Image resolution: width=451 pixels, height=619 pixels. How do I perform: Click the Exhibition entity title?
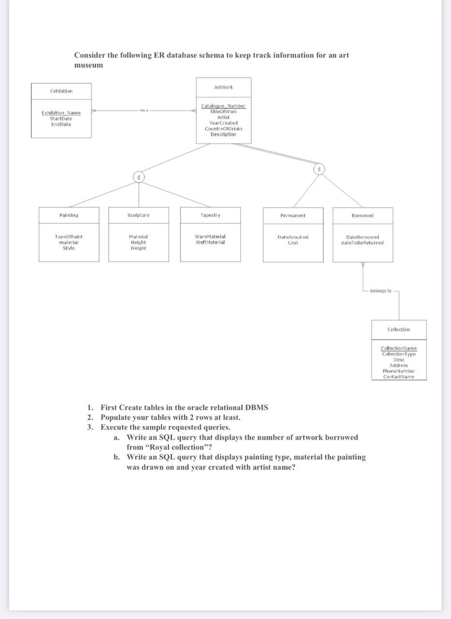[61, 91]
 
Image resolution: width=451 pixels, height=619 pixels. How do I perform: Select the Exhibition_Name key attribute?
[61, 113]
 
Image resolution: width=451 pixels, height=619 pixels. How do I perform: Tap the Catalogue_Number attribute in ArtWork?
[223, 105]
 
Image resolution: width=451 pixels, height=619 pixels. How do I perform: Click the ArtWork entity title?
[223, 87]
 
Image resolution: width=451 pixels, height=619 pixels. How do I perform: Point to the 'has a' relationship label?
[144, 110]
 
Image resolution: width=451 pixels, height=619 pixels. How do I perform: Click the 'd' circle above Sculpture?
[139, 177]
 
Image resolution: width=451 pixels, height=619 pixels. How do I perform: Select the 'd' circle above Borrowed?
[319, 169]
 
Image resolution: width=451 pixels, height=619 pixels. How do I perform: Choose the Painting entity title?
[69, 215]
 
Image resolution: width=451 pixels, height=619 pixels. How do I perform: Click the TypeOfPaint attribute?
[69, 236]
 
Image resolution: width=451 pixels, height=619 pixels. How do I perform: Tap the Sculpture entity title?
[138, 215]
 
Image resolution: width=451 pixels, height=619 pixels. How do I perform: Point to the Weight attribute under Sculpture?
[138, 248]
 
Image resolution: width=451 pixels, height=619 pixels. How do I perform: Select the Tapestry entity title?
[210, 215]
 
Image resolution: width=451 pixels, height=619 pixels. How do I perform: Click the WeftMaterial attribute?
[210, 242]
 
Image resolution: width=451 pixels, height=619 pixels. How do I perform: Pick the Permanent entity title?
[293, 215]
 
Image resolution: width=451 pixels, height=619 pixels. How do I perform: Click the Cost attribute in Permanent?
[293, 243]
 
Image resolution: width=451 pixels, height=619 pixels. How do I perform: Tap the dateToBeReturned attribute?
[363, 243]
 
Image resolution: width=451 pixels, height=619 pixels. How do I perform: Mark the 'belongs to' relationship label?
[381, 291]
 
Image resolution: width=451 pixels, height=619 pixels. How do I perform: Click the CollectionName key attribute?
[399, 348]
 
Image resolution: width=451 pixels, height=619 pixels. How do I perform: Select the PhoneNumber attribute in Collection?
[399, 371]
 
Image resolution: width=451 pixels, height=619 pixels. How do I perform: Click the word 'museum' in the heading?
[88, 65]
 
